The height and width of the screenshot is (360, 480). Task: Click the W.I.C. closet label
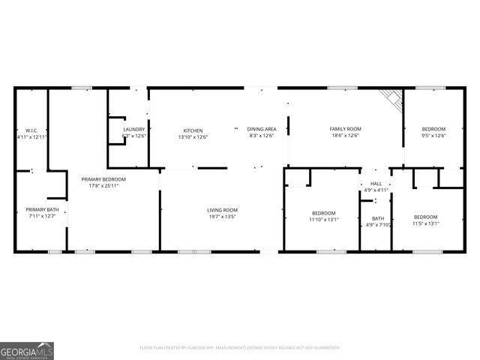click(x=31, y=130)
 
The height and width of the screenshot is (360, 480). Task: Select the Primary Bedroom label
click(x=103, y=179)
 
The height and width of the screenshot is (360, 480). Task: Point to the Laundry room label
click(x=133, y=130)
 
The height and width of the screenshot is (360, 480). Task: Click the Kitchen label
click(x=193, y=130)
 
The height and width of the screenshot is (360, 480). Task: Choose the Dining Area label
click(x=261, y=130)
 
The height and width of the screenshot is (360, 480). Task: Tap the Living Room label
click(x=223, y=210)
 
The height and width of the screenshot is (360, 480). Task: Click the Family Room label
click(x=345, y=130)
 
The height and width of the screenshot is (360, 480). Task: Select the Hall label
click(x=376, y=184)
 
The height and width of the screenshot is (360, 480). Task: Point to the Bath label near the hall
click(x=378, y=218)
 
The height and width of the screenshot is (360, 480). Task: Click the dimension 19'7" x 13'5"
click(x=222, y=217)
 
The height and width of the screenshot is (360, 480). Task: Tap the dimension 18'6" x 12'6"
click(x=345, y=136)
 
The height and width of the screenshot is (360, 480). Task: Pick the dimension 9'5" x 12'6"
click(x=433, y=136)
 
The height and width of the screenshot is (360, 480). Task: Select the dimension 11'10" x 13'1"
click(x=324, y=220)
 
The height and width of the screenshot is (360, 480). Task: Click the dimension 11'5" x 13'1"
click(x=426, y=223)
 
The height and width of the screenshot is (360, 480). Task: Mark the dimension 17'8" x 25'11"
click(x=103, y=186)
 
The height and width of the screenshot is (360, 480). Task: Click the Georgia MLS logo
click(x=26, y=350)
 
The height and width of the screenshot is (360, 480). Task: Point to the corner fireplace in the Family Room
click(x=389, y=98)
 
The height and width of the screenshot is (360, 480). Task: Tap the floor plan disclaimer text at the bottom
click(x=240, y=348)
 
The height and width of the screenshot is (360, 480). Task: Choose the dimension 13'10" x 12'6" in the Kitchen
click(x=193, y=136)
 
